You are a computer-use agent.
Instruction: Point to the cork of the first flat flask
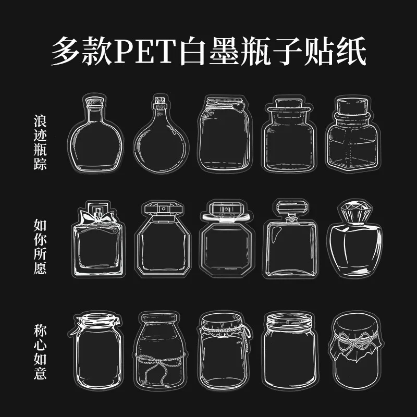(94, 101)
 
